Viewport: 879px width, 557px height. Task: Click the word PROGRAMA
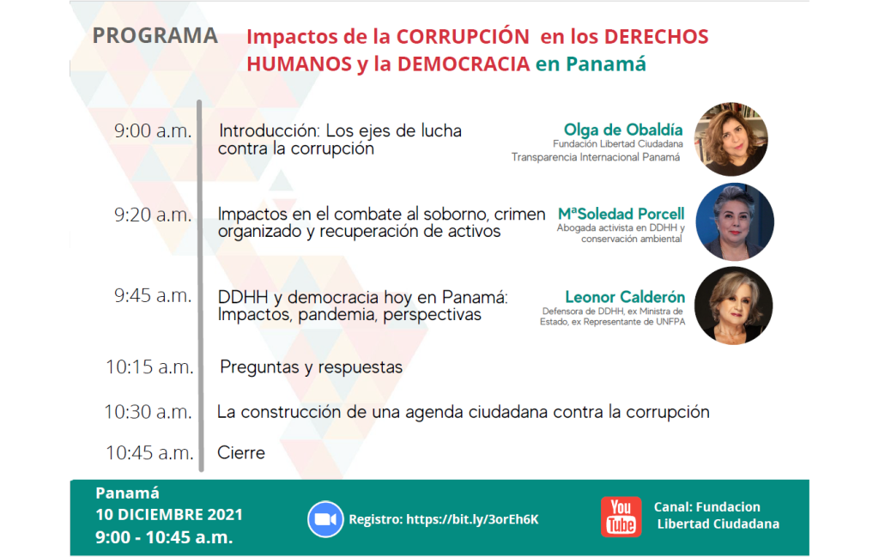pyautogui.click(x=155, y=35)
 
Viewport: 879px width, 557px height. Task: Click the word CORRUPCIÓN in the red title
pyautogui.click(x=463, y=36)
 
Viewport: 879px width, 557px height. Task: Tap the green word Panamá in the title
pyautogui.click(x=606, y=64)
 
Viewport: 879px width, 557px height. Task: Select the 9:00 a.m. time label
pyautogui.click(x=153, y=131)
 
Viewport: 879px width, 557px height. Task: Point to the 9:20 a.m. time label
pyautogui.click(x=153, y=215)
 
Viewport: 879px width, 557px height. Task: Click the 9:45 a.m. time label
pyautogui.click(x=153, y=296)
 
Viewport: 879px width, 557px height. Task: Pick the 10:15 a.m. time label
pyautogui.click(x=149, y=367)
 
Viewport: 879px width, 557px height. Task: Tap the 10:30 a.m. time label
pyautogui.click(x=148, y=413)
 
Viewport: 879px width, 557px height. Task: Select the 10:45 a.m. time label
pyautogui.click(x=149, y=453)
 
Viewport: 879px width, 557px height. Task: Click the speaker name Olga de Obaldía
pyautogui.click(x=623, y=130)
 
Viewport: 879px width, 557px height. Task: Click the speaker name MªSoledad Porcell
pyautogui.click(x=621, y=214)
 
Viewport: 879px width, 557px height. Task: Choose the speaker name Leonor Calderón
pyautogui.click(x=625, y=296)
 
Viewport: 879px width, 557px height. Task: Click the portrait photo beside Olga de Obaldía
pyautogui.click(x=731, y=139)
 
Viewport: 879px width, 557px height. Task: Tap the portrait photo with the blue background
pyautogui.click(x=735, y=222)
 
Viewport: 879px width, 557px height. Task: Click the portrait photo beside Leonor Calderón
pyautogui.click(x=733, y=306)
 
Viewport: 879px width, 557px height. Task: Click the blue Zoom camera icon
pyautogui.click(x=325, y=519)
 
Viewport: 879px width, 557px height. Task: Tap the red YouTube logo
pyautogui.click(x=621, y=517)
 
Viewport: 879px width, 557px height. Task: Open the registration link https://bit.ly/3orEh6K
pyautogui.click(x=472, y=519)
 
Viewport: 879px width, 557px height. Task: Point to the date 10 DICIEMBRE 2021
pyautogui.click(x=169, y=514)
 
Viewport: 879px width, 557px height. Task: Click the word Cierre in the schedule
pyautogui.click(x=241, y=453)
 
